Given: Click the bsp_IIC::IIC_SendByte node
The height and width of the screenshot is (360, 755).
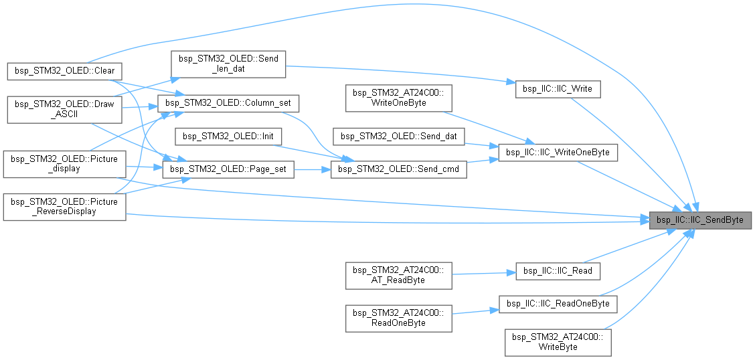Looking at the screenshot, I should [701, 219].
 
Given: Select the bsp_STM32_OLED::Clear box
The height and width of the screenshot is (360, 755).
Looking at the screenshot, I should [64, 70].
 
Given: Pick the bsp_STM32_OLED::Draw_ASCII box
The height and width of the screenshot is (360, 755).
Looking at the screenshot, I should [64, 109].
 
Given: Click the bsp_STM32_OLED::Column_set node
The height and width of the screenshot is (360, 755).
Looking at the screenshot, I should [228, 104].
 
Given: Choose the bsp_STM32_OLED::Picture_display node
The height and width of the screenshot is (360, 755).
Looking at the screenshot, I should [64, 163].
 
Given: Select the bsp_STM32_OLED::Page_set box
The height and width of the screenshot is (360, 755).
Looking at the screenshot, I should [228, 169].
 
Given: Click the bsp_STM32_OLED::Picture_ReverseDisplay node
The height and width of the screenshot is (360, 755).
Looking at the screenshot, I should [64, 207].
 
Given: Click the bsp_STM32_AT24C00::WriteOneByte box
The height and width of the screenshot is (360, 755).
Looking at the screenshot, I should [399, 98].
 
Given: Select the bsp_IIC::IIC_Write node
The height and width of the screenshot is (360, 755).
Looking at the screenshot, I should [558, 89].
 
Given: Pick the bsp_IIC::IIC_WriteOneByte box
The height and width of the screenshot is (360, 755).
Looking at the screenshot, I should [558, 152].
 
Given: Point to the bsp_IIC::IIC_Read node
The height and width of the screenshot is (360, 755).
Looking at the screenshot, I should [558, 270].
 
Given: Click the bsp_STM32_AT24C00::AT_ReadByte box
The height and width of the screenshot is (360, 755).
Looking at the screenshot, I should [399, 275].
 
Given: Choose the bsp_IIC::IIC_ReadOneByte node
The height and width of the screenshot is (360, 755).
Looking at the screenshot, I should [558, 303].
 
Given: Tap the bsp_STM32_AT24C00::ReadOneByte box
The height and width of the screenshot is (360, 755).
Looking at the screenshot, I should [399, 317].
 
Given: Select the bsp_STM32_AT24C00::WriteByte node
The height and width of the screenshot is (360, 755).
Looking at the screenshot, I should [558, 341].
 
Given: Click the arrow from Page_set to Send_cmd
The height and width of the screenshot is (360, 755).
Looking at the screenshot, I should [312, 169].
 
